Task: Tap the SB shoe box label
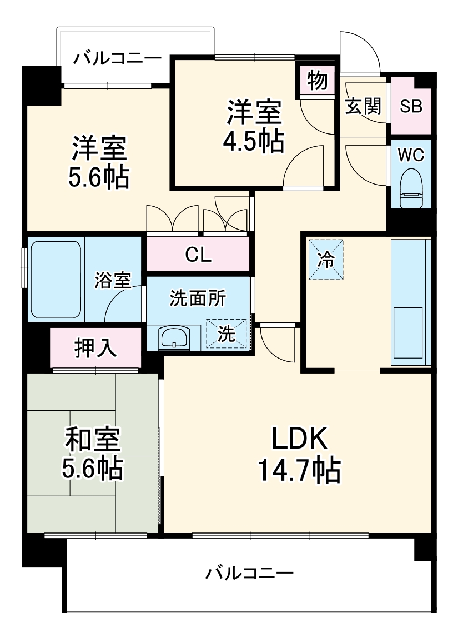pyautogui.click(x=411, y=106)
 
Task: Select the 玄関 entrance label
pyautogui.click(x=363, y=106)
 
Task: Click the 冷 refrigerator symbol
pyautogui.click(x=326, y=259)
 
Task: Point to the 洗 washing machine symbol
pyautogui.click(x=226, y=334)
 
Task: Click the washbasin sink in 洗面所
pyautogui.click(x=174, y=337)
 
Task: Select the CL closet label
pyautogui.click(x=198, y=255)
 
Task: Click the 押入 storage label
pyautogui.click(x=95, y=347)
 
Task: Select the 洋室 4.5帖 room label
pyautogui.click(x=254, y=126)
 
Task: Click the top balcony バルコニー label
pyautogui.click(x=118, y=58)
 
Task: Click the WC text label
pyautogui.click(x=411, y=155)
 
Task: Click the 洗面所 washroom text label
pyautogui.click(x=198, y=298)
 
